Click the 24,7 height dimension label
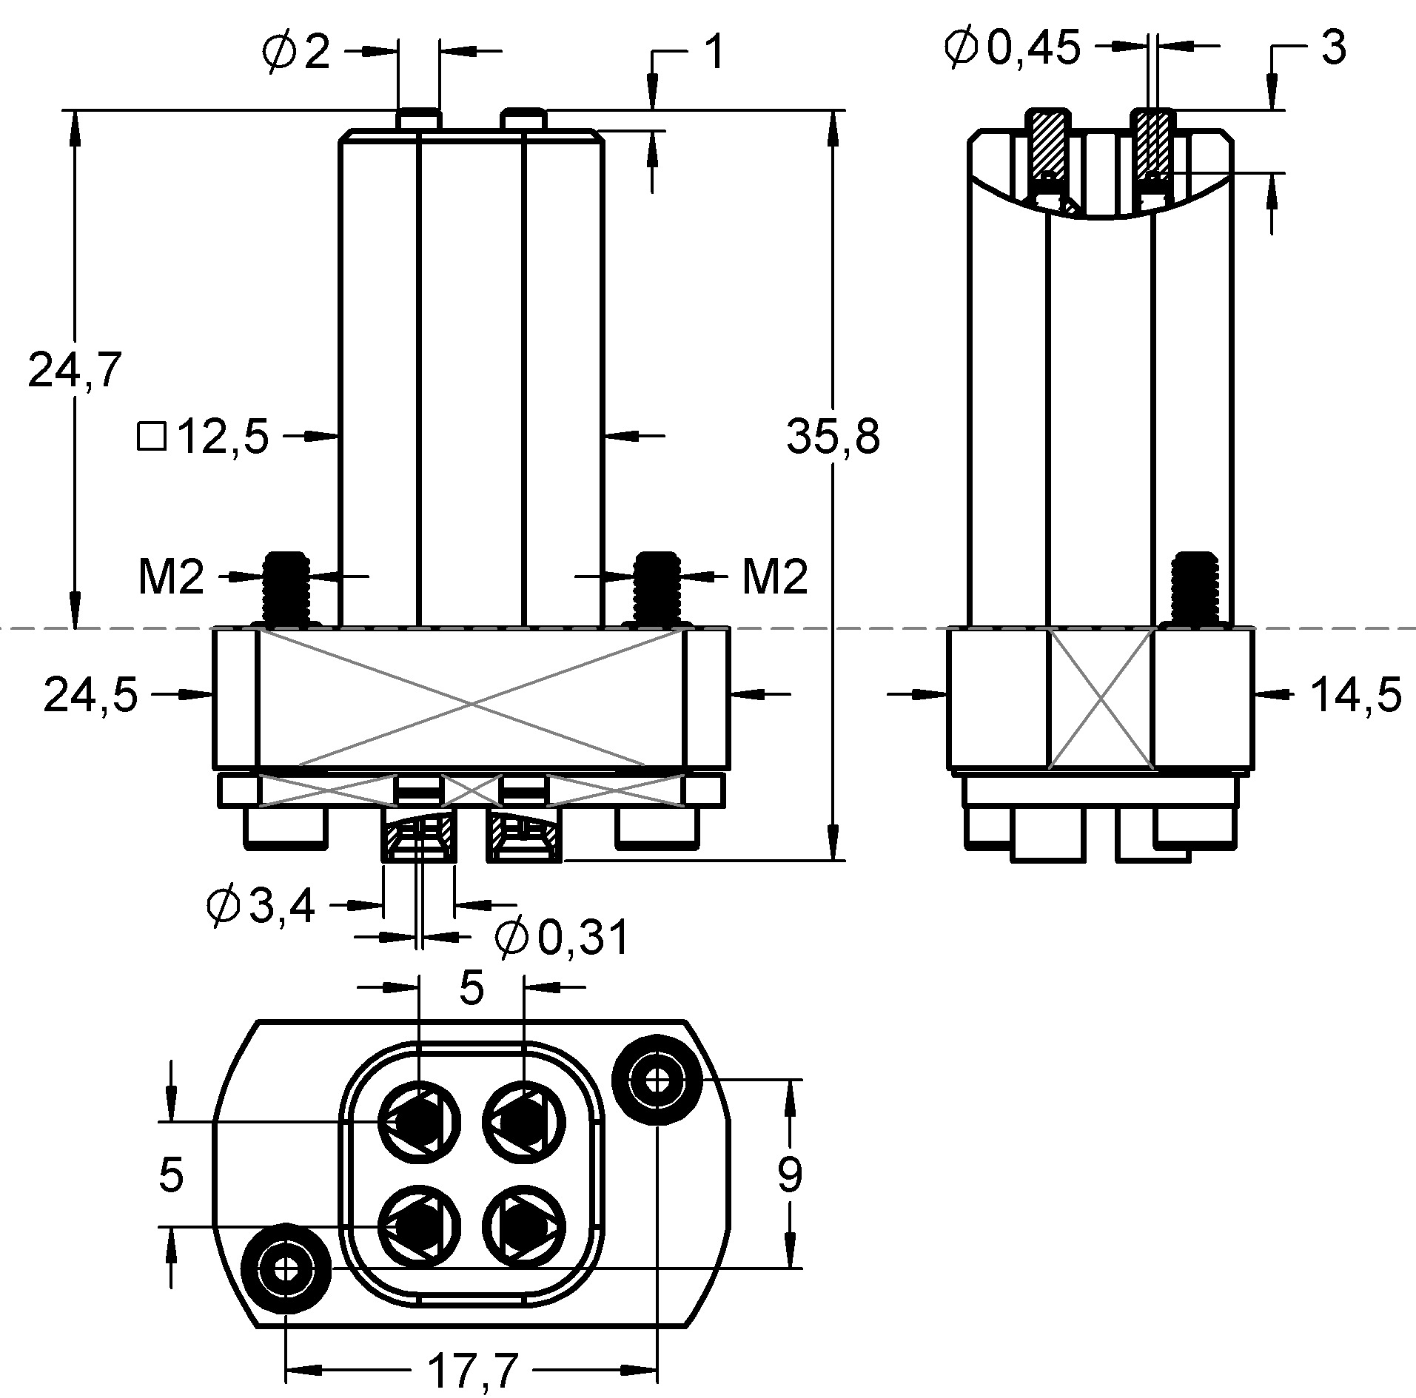[x=74, y=370]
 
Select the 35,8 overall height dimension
[x=833, y=437]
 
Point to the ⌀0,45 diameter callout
[x=1013, y=49]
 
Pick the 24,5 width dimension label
[x=91, y=696]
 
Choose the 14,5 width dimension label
[x=1355, y=696]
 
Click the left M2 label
[x=171, y=577]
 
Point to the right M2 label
[x=774, y=577]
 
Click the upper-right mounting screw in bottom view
[x=656, y=1081]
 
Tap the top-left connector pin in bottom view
[x=420, y=1121]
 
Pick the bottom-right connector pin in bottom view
[x=524, y=1226]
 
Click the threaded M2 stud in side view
[x=1198, y=588]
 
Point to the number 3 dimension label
[x=1332, y=49]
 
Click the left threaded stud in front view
[x=286, y=588]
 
